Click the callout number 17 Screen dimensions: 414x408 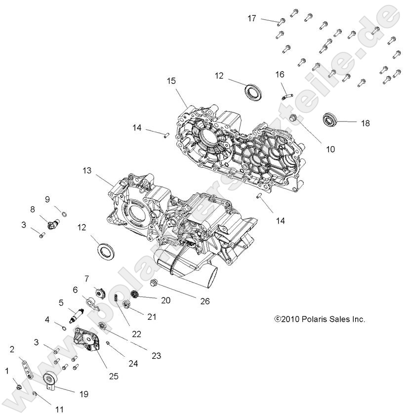click(x=252, y=18)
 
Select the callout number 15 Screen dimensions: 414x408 click(x=171, y=81)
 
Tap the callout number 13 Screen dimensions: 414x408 click(x=87, y=170)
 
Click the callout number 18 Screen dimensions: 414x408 click(x=365, y=123)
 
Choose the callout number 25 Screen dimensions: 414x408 click(x=114, y=376)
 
